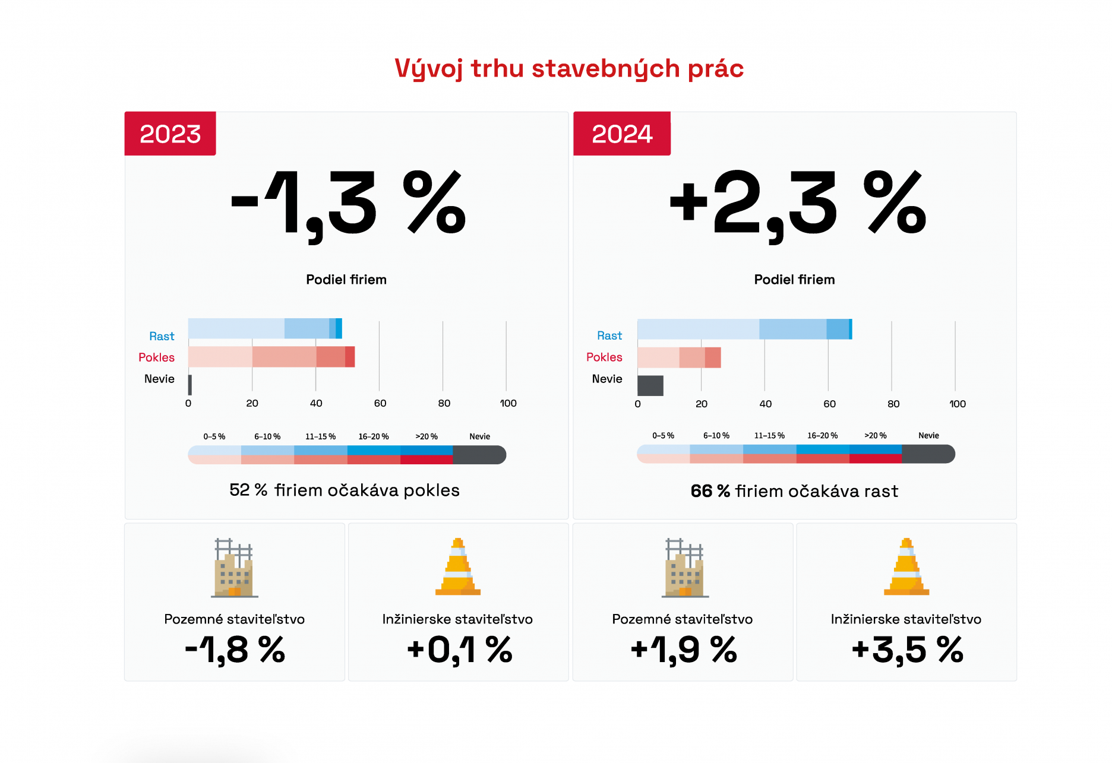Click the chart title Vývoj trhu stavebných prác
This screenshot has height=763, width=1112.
tap(569, 69)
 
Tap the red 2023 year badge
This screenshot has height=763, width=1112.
tap(170, 134)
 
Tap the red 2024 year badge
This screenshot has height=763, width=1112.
tap(622, 134)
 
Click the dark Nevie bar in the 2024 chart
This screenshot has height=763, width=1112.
tap(650, 385)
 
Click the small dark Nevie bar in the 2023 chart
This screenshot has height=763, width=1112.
tap(190, 385)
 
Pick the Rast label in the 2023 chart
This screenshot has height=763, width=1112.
tap(162, 336)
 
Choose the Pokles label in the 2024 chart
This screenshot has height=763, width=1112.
tap(604, 357)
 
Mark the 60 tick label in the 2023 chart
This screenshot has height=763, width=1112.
tap(380, 403)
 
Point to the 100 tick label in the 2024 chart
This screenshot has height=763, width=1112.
tap(957, 404)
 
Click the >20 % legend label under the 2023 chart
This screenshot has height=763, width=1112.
tap(427, 436)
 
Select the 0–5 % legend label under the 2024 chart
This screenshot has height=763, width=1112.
tap(663, 435)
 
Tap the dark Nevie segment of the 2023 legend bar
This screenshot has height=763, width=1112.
tap(479, 455)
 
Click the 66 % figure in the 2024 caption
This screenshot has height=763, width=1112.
tap(710, 491)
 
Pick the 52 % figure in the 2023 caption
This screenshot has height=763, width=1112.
tap(248, 490)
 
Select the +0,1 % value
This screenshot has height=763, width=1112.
tap(459, 650)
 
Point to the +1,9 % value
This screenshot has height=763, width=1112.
tap(683, 650)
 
